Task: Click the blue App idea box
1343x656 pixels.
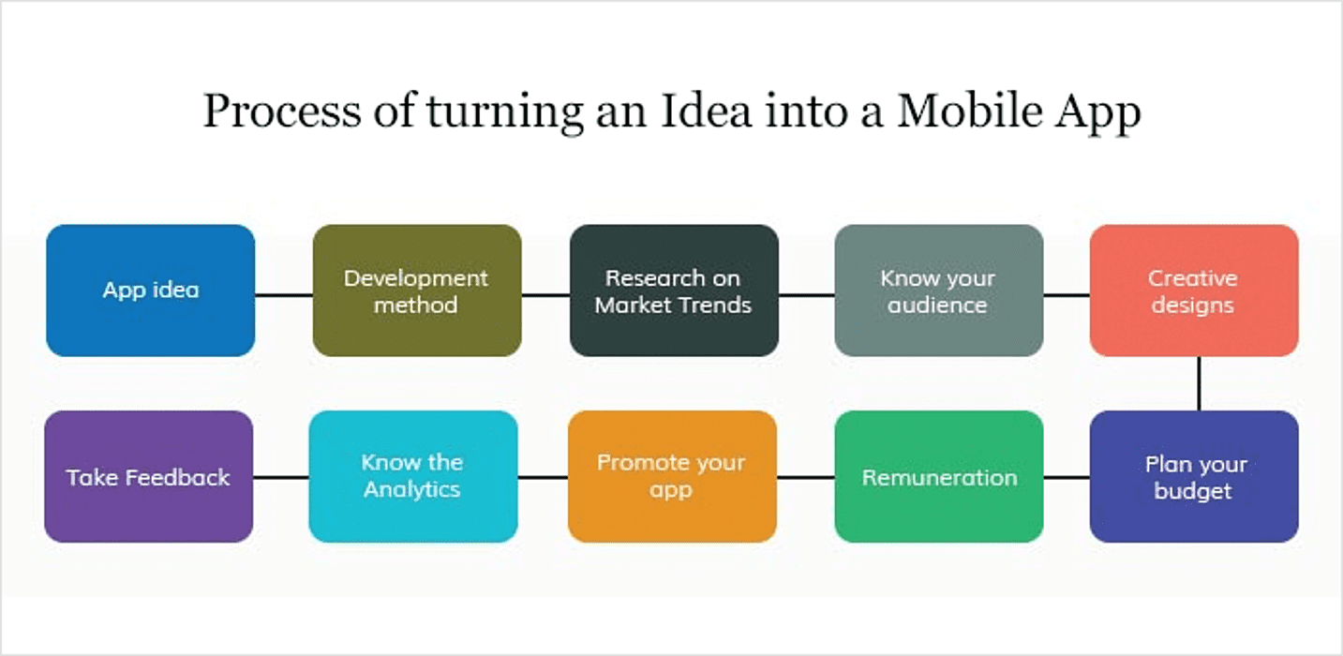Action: (151, 291)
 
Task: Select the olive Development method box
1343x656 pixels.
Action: (417, 291)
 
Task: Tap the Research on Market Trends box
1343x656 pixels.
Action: (675, 291)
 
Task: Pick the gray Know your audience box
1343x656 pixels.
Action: (939, 291)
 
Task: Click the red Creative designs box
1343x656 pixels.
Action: (1194, 291)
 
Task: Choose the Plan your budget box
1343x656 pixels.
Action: (1194, 477)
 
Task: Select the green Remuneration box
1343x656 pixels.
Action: (939, 477)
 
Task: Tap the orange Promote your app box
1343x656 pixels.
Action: (672, 477)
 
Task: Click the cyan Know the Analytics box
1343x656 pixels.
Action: (413, 477)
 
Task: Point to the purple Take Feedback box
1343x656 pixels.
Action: (149, 477)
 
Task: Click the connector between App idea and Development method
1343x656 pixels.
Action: (284, 295)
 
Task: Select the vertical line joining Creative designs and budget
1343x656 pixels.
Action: (1199, 384)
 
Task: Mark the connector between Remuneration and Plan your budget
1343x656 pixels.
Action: (1067, 478)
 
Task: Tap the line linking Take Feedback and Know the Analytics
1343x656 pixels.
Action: (280, 478)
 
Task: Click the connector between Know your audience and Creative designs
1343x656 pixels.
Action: (1067, 295)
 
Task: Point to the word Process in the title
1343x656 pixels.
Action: (282, 111)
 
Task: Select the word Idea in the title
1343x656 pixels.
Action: (706, 111)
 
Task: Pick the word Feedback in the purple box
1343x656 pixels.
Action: (177, 478)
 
